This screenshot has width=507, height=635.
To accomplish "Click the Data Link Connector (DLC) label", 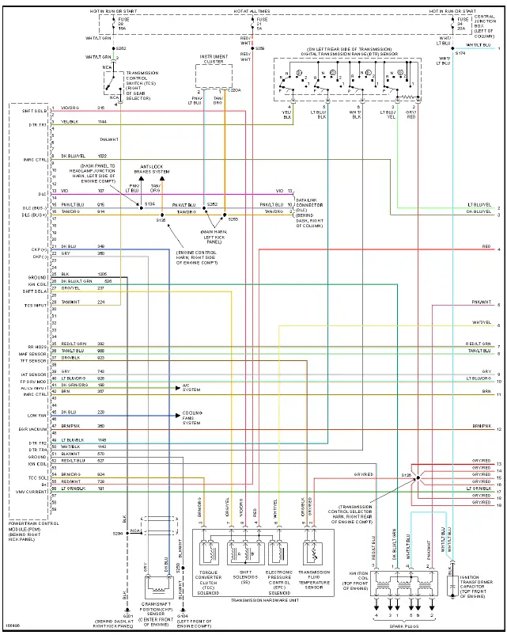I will (x=311, y=209).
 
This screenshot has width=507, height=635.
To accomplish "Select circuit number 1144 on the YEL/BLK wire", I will (x=102, y=122).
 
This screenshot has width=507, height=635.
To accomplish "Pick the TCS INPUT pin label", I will (x=34, y=304).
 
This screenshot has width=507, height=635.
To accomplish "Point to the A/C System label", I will (x=191, y=388).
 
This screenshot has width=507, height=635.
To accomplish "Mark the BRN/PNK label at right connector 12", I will (x=482, y=425).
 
